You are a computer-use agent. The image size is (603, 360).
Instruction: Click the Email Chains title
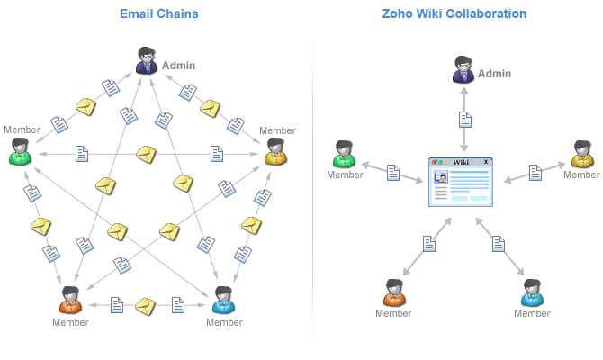[x=158, y=13]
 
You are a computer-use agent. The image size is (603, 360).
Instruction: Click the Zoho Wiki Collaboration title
[x=454, y=13]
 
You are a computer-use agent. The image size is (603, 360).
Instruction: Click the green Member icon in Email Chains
[x=21, y=152]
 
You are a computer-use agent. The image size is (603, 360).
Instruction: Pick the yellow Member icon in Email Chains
[x=276, y=152]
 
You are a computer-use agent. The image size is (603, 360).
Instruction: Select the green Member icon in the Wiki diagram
[x=344, y=155]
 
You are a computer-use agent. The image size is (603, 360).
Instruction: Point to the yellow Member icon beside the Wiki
[x=581, y=155]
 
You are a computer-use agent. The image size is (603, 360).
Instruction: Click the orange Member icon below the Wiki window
[x=393, y=293]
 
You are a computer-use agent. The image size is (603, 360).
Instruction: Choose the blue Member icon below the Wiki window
[x=532, y=293]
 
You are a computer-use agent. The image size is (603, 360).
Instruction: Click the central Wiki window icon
[x=461, y=183]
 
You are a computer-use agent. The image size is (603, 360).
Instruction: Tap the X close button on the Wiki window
[x=486, y=162]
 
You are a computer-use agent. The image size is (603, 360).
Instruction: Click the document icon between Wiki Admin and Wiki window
[x=465, y=119]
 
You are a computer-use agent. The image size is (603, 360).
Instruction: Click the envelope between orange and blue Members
[x=146, y=306]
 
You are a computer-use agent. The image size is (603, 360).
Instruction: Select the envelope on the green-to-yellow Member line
[x=146, y=154]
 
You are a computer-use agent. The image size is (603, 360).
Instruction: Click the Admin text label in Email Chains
[x=178, y=65]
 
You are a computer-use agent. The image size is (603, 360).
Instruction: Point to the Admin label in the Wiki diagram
[x=495, y=73]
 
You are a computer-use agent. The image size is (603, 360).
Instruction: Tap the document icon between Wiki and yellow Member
[x=535, y=173]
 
